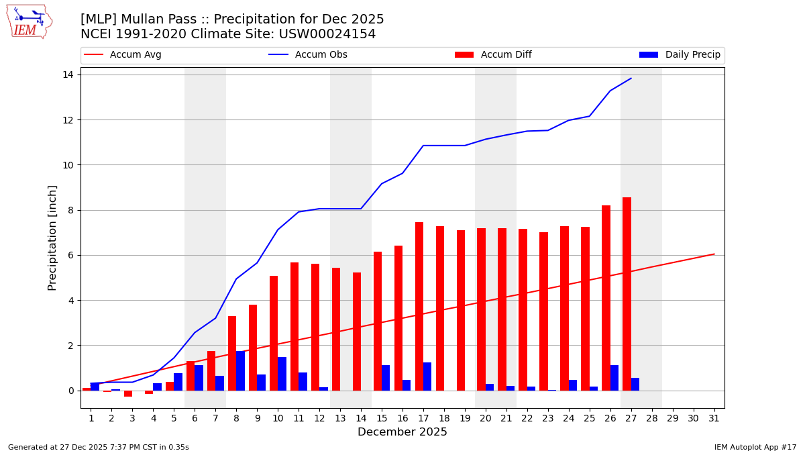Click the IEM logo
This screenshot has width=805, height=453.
(29, 21)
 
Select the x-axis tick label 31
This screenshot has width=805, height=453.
(714, 418)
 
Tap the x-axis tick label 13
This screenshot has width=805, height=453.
(340, 418)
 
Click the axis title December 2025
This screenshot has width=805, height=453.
(402, 432)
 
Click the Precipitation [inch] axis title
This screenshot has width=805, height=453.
(52, 238)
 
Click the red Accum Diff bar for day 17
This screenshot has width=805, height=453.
(419, 306)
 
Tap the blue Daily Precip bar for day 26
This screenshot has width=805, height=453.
(614, 378)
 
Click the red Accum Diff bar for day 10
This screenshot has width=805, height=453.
(274, 333)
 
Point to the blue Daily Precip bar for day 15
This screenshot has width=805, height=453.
(386, 378)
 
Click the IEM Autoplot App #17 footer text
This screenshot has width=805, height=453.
(755, 447)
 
